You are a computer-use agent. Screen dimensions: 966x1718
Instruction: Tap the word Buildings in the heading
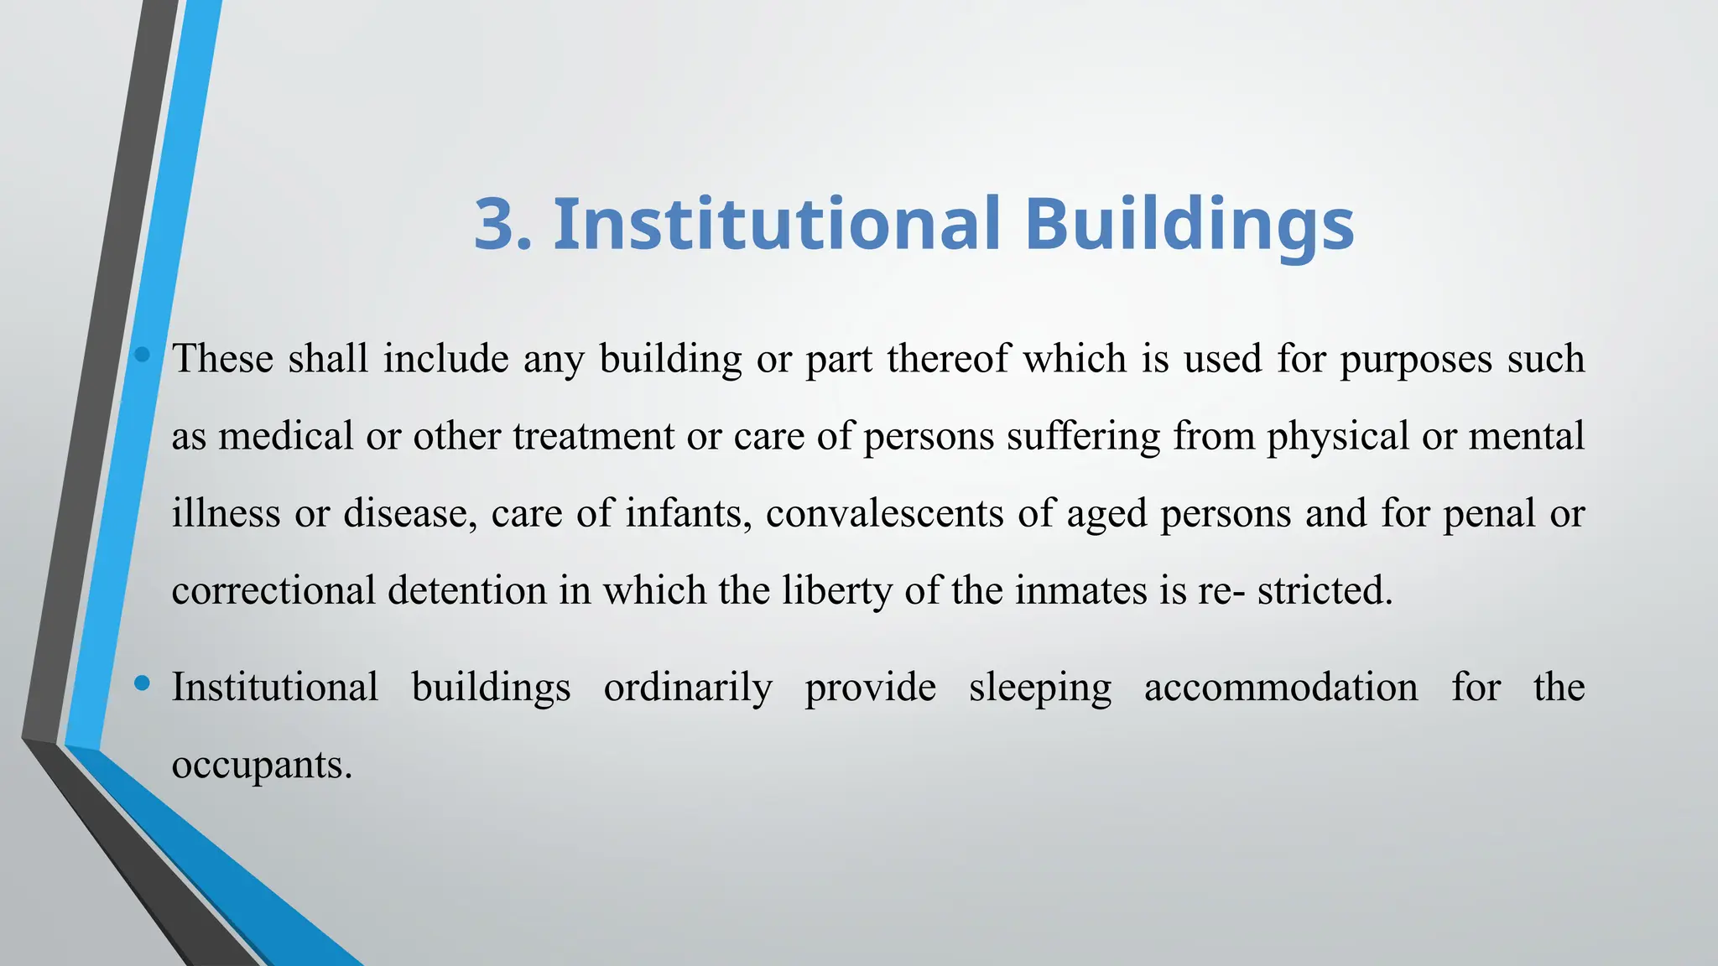[x=1189, y=225]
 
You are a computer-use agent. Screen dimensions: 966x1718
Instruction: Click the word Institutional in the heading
[x=776, y=225]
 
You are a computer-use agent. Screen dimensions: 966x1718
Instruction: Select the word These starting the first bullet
[x=222, y=359]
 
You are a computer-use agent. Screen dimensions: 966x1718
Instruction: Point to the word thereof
[x=948, y=359]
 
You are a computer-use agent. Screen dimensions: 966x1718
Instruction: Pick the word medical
[x=285, y=436]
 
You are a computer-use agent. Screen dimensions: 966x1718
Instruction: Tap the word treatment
[x=593, y=436]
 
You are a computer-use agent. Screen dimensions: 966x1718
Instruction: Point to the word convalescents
[x=884, y=513]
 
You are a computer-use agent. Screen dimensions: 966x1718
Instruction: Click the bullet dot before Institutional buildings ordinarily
[x=142, y=684]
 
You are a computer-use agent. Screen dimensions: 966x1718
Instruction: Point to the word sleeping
[x=1039, y=688]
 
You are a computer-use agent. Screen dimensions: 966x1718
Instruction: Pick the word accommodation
[x=1281, y=687]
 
